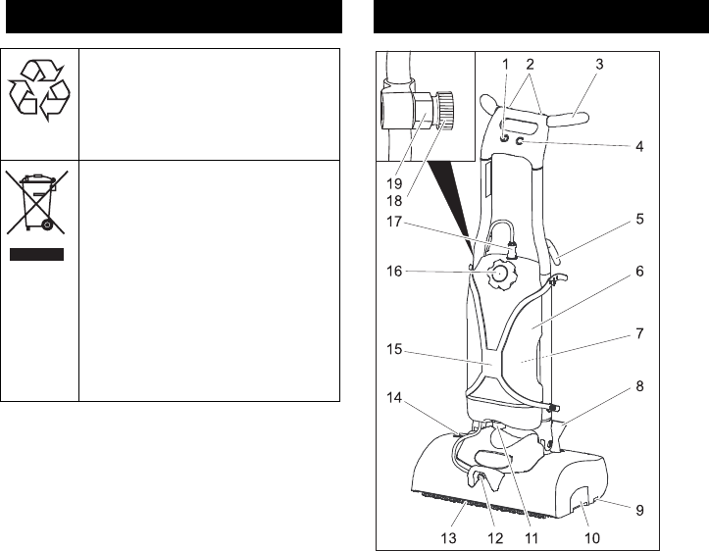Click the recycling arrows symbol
click(39, 91)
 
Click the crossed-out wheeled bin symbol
click(39, 204)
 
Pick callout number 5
click(639, 220)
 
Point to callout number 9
click(639, 510)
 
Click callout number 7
click(639, 333)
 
